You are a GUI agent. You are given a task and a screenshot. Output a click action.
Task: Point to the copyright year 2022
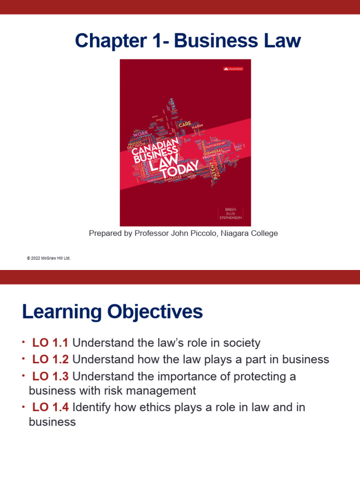pos(37,258)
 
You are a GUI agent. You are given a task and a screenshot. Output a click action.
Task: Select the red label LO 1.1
pos(50,343)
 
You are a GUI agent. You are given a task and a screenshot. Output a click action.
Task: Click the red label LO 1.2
pos(50,360)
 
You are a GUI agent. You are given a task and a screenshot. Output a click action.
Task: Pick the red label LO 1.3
pos(50,377)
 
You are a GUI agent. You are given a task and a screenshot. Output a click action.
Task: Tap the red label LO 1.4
pos(50,408)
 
